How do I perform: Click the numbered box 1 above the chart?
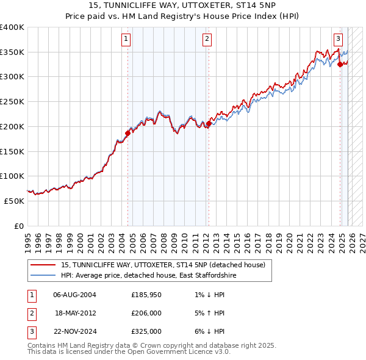pyautogui.click(x=126, y=40)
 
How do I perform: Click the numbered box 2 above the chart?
pyautogui.click(x=207, y=40)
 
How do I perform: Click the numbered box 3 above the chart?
pyautogui.click(x=338, y=40)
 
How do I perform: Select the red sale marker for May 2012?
pyautogui.click(x=209, y=123)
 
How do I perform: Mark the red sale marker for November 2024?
pyautogui.click(x=340, y=63)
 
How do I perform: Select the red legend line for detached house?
pyautogui.click(x=43, y=265)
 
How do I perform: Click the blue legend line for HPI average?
pyautogui.click(x=43, y=276)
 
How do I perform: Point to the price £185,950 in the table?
pyautogui.click(x=146, y=295)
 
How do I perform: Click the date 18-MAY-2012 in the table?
pyautogui.click(x=75, y=313)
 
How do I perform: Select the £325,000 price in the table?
pyautogui.click(x=146, y=331)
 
